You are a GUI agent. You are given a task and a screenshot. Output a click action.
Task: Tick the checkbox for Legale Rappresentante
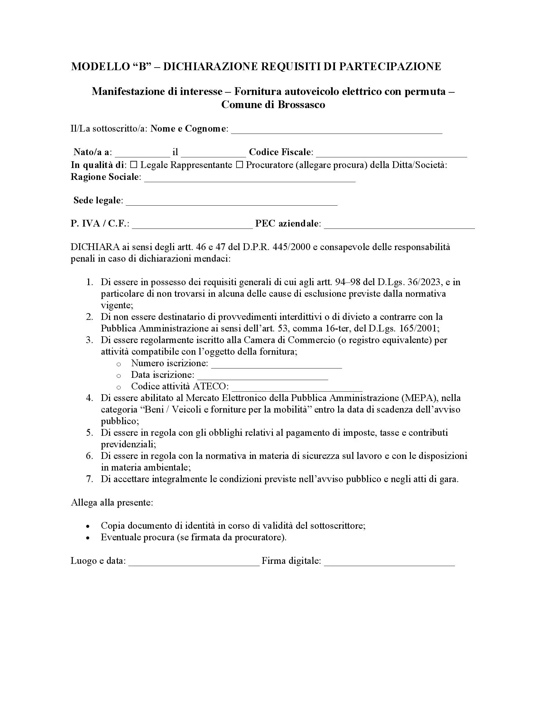[x=134, y=165]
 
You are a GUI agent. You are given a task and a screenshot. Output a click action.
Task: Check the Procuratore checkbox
[x=239, y=165]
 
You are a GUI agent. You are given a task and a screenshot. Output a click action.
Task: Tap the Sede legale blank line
[x=231, y=202]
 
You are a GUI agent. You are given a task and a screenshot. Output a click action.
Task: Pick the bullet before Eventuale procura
[x=88, y=538]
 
